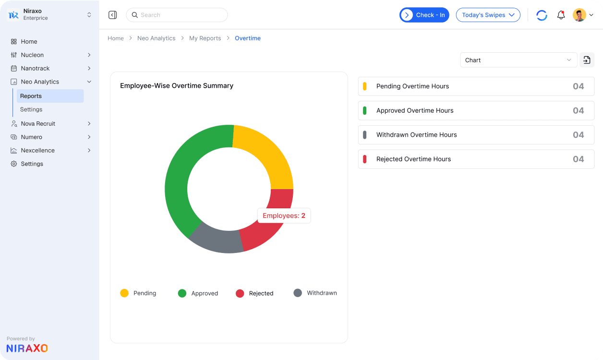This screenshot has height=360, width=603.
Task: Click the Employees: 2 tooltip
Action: (284, 216)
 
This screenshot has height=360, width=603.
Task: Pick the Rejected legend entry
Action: (254, 293)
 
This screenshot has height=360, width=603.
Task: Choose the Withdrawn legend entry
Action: (315, 293)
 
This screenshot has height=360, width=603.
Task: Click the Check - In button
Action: (424, 15)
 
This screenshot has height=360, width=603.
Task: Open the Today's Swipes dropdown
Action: (488, 15)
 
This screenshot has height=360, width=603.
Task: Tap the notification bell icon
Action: (561, 15)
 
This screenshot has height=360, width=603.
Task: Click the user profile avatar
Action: (579, 15)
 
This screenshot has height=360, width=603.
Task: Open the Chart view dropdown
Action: (518, 60)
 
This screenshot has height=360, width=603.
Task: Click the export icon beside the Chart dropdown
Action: (587, 60)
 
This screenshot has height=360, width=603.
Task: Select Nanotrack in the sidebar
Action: (35, 68)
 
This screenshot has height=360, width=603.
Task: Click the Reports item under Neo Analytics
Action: (31, 96)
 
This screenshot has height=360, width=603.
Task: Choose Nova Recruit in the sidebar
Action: (38, 123)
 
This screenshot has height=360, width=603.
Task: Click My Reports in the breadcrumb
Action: (205, 38)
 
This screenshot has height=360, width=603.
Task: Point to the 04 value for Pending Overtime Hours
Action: (578, 86)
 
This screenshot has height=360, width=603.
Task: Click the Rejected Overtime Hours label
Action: (413, 159)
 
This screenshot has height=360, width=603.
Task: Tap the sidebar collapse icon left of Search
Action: (113, 15)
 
